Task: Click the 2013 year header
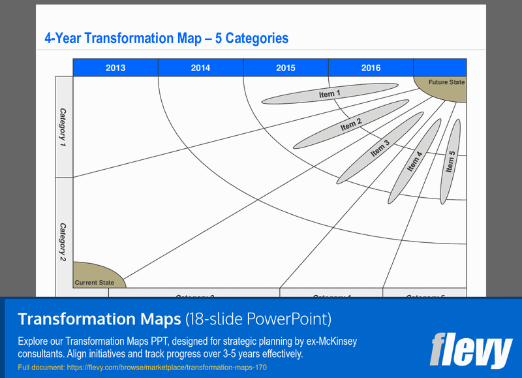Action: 115,68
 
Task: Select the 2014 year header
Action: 200,68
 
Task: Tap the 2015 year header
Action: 285,68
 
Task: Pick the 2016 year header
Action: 371,68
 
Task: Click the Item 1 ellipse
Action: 330,94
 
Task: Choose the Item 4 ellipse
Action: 414,161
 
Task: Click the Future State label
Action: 446,82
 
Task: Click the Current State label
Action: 94,283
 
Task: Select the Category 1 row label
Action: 63,125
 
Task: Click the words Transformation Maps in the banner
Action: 99,319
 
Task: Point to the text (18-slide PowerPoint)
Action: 258,319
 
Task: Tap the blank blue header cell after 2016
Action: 440,68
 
